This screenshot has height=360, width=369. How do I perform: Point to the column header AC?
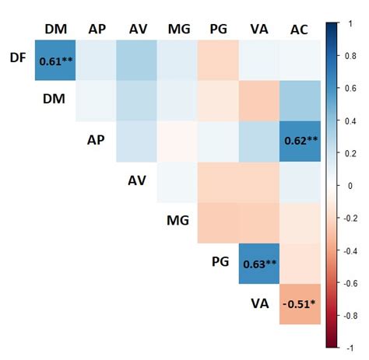pos(299,29)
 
